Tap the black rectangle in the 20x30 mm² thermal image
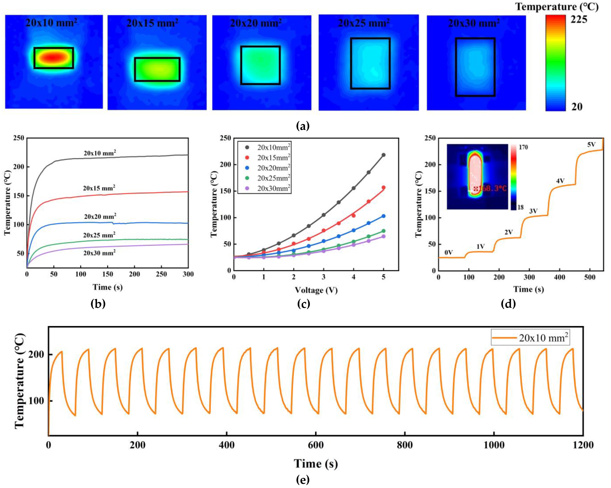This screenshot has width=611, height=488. pos(475,67)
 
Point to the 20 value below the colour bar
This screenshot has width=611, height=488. pos(577,107)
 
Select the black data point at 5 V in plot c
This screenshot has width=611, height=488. pos(383,155)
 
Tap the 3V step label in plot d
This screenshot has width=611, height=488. pos(534,211)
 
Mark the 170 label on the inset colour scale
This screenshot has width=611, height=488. pos(523,147)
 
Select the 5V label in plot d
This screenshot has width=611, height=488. pos(591,145)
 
